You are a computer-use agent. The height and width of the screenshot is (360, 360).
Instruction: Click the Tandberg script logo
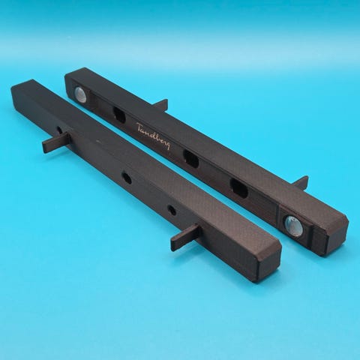(154, 136)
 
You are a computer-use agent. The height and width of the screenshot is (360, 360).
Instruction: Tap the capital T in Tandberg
(140, 127)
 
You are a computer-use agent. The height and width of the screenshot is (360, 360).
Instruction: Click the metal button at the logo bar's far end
(81, 95)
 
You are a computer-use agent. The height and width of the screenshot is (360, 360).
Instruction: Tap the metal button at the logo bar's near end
(293, 226)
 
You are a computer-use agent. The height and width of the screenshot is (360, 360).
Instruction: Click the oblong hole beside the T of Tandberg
(119, 115)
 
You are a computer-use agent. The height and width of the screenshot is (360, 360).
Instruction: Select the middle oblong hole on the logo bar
(191, 158)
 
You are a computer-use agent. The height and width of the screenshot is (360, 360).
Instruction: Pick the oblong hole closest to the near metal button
(239, 187)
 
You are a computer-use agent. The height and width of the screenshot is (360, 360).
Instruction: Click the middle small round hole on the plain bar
(126, 177)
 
